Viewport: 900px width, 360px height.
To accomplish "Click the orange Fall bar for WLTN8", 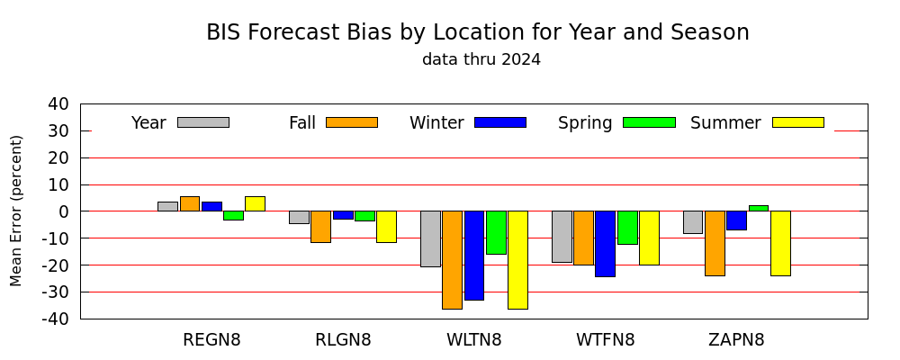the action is (x=453, y=260).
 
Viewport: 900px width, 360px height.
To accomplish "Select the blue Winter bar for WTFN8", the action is (x=605, y=244).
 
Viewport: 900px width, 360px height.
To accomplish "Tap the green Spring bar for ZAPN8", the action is (x=758, y=208).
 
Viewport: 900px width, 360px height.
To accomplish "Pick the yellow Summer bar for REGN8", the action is (x=255, y=203).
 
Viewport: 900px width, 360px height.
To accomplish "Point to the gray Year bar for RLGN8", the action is (x=299, y=217).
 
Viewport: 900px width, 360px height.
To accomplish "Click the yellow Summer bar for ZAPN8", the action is (x=780, y=243).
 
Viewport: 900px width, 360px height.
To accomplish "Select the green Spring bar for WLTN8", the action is (x=496, y=232).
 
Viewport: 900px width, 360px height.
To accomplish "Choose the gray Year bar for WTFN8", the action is (x=562, y=237).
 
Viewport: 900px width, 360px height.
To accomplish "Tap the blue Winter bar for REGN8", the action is (x=211, y=207).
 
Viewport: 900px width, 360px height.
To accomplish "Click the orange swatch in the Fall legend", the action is (x=352, y=122).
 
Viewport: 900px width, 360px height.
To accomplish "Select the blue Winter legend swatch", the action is (x=500, y=122).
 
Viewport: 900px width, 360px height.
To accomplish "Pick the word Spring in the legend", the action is (x=585, y=123).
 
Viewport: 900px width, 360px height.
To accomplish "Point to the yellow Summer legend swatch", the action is (x=797, y=122).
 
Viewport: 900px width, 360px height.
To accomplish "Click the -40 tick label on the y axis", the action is (x=58, y=319).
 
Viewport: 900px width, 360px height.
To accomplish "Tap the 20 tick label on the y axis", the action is (x=63, y=157).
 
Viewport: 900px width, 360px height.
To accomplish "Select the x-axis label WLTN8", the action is (x=474, y=340).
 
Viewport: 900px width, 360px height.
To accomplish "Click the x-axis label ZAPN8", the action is (x=736, y=340).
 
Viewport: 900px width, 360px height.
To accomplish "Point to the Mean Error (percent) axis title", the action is (x=16, y=211).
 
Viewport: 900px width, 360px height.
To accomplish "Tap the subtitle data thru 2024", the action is (x=481, y=59).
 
